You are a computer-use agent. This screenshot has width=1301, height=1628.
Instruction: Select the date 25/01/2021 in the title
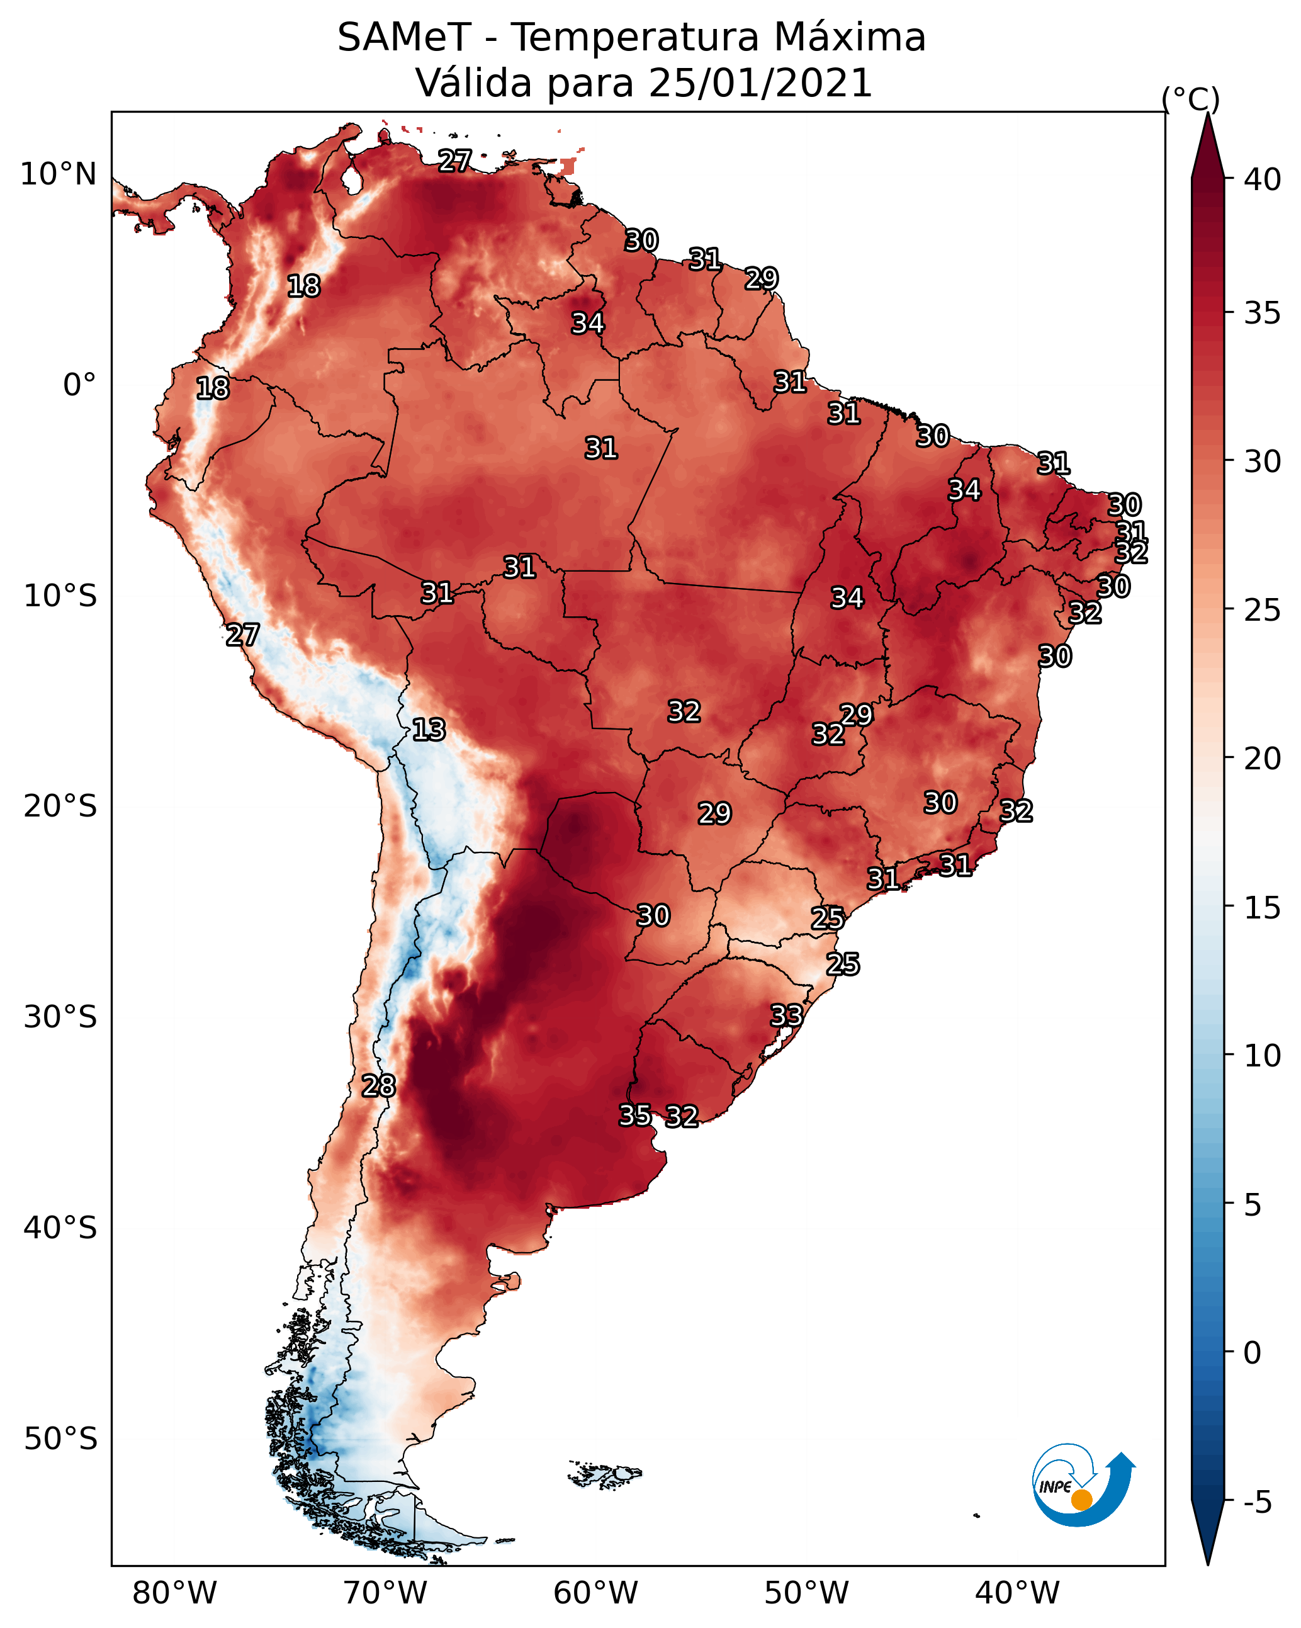[760, 83]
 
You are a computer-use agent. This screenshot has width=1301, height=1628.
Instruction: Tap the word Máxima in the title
[848, 38]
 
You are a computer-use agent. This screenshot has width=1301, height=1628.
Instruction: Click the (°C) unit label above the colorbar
[1191, 99]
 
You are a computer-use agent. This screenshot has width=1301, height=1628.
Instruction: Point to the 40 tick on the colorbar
[1263, 179]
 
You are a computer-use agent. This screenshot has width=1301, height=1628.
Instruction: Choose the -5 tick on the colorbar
[1258, 1502]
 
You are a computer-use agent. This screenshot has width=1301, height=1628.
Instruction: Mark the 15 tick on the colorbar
[1263, 908]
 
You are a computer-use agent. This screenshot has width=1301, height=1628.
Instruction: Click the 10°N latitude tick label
[58, 174]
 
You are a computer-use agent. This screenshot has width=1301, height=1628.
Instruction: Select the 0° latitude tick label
[80, 385]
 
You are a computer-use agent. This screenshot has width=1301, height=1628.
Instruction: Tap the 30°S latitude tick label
[60, 1017]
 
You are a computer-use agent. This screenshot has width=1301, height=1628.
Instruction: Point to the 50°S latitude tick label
[60, 1439]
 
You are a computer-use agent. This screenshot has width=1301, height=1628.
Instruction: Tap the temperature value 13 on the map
[429, 730]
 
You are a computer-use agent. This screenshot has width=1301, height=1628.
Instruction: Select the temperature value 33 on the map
[786, 1015]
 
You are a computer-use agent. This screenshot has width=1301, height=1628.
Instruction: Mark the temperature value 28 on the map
[378, 1086]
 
